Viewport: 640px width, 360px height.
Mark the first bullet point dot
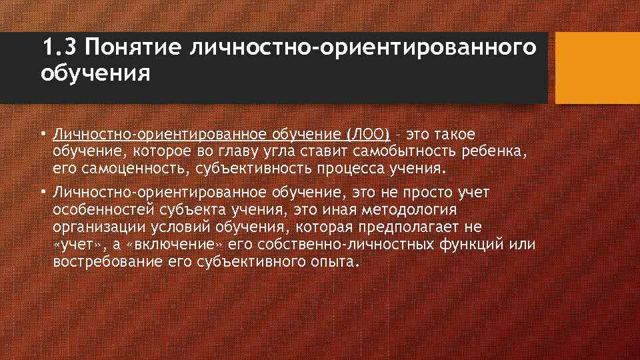[x=42, y=135]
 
